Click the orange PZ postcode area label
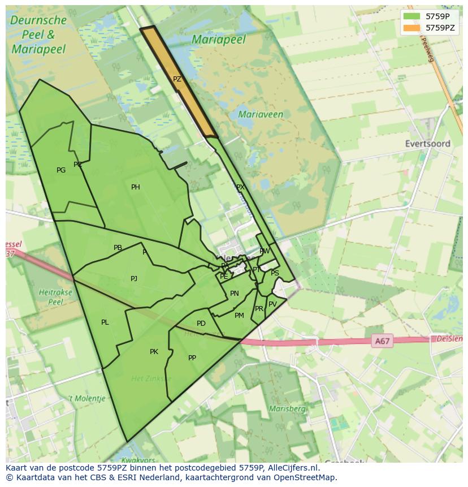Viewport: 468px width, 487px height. [177, 79]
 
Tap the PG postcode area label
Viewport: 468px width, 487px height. [61, 170]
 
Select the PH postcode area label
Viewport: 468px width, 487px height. [136, 187]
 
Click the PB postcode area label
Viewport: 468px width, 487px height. [118, 248]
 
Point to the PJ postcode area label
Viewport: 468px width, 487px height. [134, 278]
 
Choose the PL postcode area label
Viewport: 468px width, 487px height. [105, 322]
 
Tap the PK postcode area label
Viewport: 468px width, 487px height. [154, 352]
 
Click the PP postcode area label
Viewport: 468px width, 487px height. [192, 357]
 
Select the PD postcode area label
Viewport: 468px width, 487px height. [201, 324]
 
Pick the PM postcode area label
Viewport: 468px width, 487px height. [239, 316]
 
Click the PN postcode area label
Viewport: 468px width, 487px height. [234, 294]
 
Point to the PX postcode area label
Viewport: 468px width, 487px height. [240, 187]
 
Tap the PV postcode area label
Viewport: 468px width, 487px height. [272, 304]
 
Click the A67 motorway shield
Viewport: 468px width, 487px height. [383, 341]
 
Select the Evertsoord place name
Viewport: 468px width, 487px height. [427, 144]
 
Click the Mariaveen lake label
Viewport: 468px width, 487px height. [261, 114]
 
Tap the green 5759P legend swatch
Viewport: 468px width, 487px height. [412, 16]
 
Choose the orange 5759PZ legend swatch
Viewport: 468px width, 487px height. [412, 28]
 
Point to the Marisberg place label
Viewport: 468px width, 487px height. [288, 408]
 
